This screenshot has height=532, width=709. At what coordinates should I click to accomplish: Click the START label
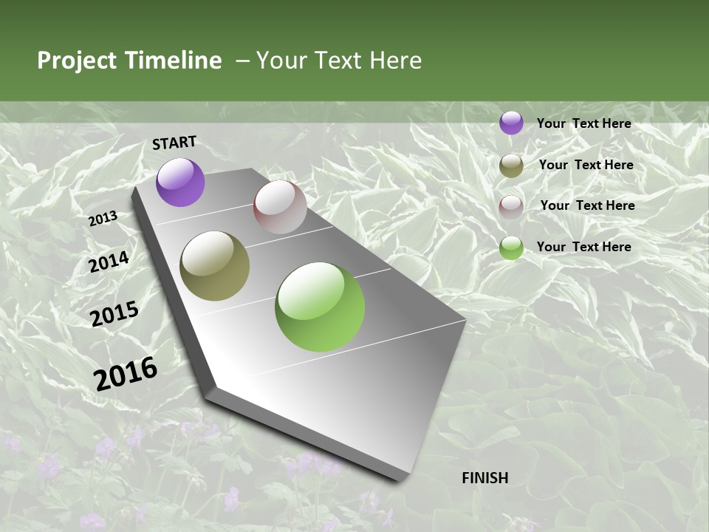tap(174, 143)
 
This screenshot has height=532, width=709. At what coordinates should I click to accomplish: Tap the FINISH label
tap(485, 477)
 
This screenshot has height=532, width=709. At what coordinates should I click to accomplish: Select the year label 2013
tap(103, 219)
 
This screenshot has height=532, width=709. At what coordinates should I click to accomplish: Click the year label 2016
tap(126, 373)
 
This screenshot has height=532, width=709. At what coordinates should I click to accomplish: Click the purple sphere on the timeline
tap(180, 183)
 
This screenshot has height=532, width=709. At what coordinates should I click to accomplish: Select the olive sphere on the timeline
tap(214, 266)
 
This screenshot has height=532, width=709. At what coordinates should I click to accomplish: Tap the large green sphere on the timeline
tap(320, 307)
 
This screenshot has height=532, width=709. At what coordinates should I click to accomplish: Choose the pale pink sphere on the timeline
tap(280, 207)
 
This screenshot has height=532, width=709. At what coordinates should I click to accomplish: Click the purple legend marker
tap(511, 123)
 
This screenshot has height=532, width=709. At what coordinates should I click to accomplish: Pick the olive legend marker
tap(511, 166)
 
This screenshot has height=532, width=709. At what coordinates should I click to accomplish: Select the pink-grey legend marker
tap(511, 206)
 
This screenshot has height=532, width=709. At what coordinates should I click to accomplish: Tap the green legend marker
tap(511, 248)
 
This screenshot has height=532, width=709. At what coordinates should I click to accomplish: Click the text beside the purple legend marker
tap(583, 123)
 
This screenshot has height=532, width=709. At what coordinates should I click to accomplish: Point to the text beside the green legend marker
tap(583, 247)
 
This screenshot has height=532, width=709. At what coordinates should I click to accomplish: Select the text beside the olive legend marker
tap(586, 165)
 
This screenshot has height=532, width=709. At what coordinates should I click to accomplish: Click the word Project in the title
tap(76, 61)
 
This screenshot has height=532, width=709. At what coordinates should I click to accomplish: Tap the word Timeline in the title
tap(173, 61)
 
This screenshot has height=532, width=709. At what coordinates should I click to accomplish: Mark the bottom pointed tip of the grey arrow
tap(403, 481)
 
